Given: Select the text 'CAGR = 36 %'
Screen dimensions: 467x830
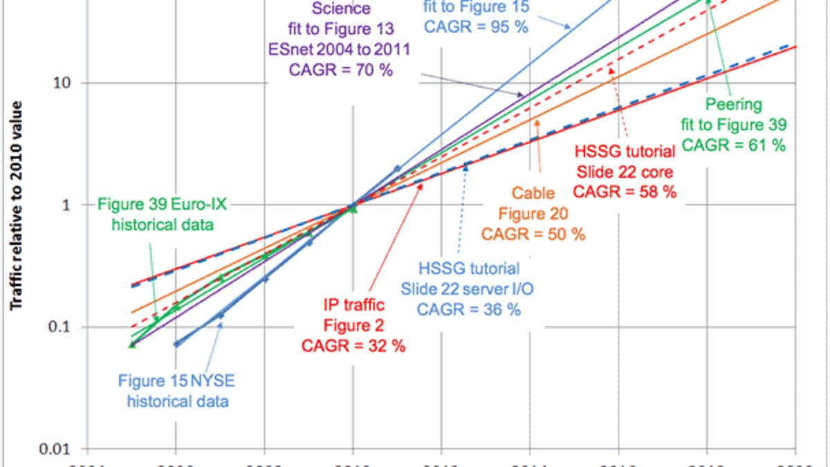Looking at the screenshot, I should click(468, 309).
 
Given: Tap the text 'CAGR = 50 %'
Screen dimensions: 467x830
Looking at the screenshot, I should click(533, 234).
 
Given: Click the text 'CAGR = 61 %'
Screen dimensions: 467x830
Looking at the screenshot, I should click(735, 145).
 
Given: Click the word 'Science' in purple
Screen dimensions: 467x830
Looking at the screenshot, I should click(341, 9).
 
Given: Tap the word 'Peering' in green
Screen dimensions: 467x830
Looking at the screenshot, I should click(734, 104).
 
